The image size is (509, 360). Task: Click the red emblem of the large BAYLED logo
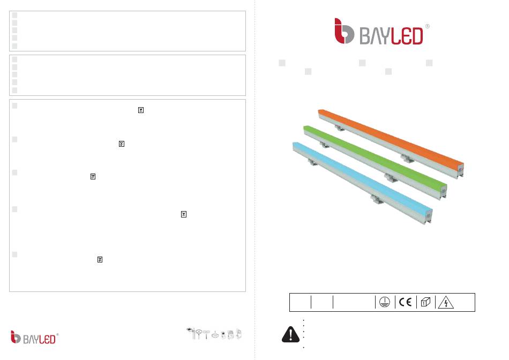pyautogui.click(x=344, y=31)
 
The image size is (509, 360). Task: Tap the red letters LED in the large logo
pyautogui.click(x=407, y=36)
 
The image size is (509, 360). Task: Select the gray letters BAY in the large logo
pyautogui.click(x=375, y=36)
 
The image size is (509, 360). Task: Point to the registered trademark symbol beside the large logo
pyautogui.click(x=427, y=26)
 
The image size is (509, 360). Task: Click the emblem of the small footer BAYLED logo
pyautogui.click(x=16, y=337)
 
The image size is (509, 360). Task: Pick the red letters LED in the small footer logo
pyautogui.click(x=47, y=340)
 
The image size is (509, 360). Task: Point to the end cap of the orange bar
pyautogui.click(x=460, y=170)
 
